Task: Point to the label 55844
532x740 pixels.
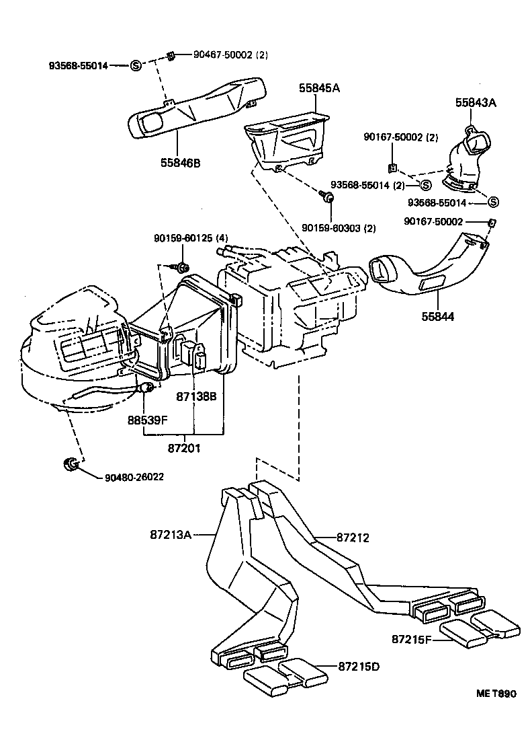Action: pyautogui.click(x=439, y=316)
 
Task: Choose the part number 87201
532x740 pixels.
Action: pyautogui.click(x=185, y=447)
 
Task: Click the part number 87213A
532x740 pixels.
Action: pyautogui.click(x=171, y=535)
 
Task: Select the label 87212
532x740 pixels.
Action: pyautogui.click(x=353, y=538)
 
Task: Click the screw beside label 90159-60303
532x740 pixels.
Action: pyautogui.click(x=327, y=196)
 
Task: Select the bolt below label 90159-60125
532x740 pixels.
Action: pyautogui.click(x=181, y=268)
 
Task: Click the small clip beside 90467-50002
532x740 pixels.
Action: pyautogui.click(x=171, y=56)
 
